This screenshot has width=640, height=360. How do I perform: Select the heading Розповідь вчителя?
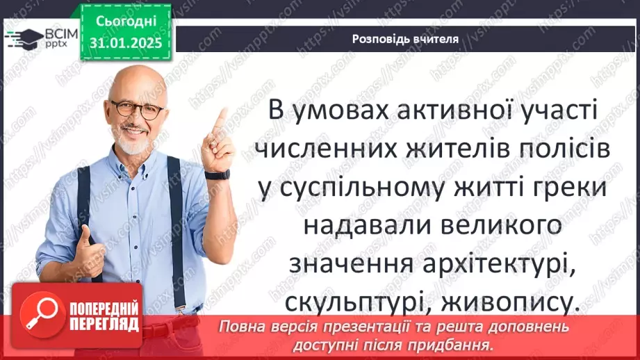pyautogui.click(x=405, y=39)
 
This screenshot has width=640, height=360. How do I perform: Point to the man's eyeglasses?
pyautogui.click(x=138, y=109)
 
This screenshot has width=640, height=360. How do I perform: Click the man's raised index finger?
pyautogui.click(x=220, y=120)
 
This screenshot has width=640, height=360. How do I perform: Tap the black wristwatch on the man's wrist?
pyautogui.click(x=218, y=174)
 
